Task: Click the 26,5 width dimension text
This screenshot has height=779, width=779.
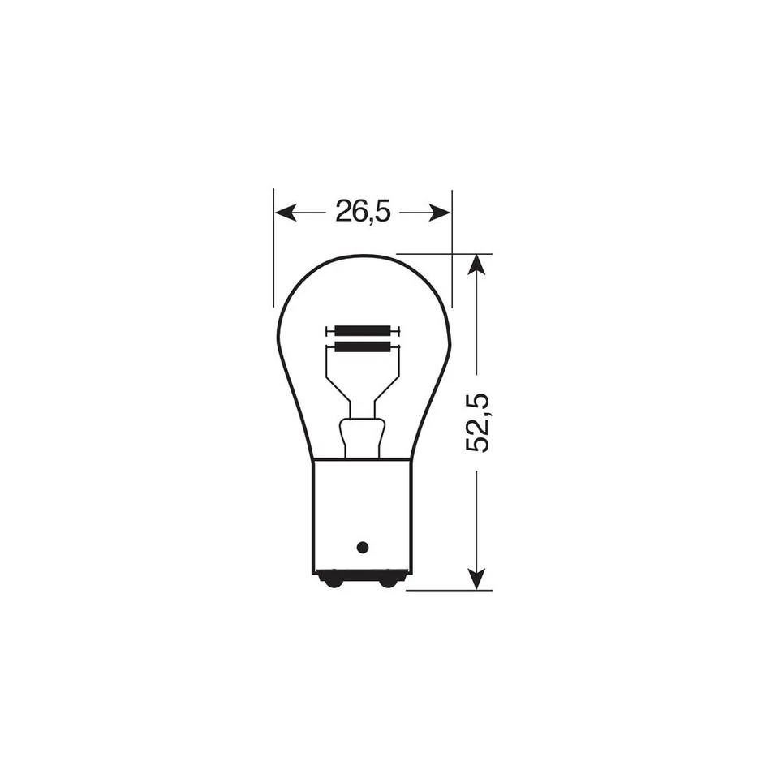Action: pos(363,213)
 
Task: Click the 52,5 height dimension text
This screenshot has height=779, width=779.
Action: pos(477,423)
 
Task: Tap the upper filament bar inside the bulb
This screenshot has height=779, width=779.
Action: pos(362,331)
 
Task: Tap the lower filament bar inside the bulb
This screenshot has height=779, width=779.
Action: pos(362,347)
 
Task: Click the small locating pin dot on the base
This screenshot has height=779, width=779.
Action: pos(363,547)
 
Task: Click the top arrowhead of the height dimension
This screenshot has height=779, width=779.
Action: pos(477,262)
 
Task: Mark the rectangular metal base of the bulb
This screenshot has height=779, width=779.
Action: pos(362,511)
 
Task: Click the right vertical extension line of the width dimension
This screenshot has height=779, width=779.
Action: pos(452,243)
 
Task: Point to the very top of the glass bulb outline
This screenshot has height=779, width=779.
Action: pos(362,255)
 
